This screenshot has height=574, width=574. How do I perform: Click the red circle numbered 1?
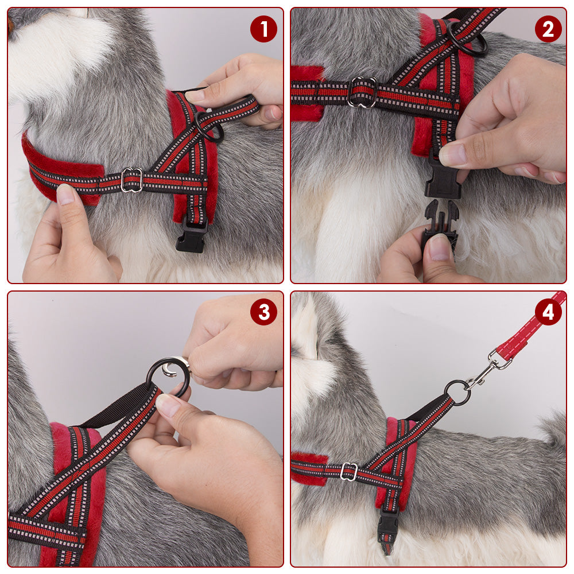point(263,29)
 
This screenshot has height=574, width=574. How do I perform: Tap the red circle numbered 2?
point(548,29)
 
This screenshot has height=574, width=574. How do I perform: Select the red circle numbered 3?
point(263,312)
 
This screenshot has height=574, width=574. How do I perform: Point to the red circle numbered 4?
point(548,312)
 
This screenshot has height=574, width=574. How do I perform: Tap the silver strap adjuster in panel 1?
point(132,180)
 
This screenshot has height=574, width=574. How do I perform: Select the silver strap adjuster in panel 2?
point(362,91)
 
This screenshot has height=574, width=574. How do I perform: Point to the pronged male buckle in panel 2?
point(440,223)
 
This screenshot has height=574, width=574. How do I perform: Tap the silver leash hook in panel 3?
point(176,366)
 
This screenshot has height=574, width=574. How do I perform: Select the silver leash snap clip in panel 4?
point(487,370)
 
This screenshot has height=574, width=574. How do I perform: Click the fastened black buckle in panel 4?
point(387,524)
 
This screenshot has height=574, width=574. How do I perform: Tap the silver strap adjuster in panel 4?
point(348,471)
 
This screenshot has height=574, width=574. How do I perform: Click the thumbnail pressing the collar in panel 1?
point(65,194)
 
